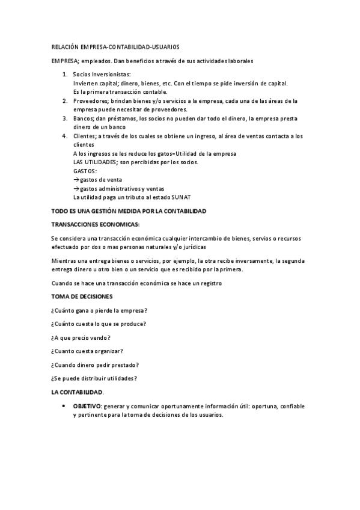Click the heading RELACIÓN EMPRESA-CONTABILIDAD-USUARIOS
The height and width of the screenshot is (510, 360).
coord(115,46)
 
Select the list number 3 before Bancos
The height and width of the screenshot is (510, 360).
coord(65,119)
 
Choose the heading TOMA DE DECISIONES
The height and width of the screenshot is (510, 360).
coord(81,296)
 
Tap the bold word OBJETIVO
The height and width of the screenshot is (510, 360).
coord(87,407)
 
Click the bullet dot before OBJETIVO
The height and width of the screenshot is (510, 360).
coord(64,406)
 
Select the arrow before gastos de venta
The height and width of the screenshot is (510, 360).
coord(76,180)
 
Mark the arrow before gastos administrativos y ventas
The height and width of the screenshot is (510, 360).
coord(76,189)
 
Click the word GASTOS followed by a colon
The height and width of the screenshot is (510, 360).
coord(84,171)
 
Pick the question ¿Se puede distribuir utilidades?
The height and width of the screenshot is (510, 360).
coord(94,378)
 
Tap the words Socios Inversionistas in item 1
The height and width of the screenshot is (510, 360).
coord(100,74)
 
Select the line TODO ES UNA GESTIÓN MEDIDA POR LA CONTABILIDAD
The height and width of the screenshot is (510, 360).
coord(129,211)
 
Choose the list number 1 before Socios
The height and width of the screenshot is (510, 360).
coord(65,74)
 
